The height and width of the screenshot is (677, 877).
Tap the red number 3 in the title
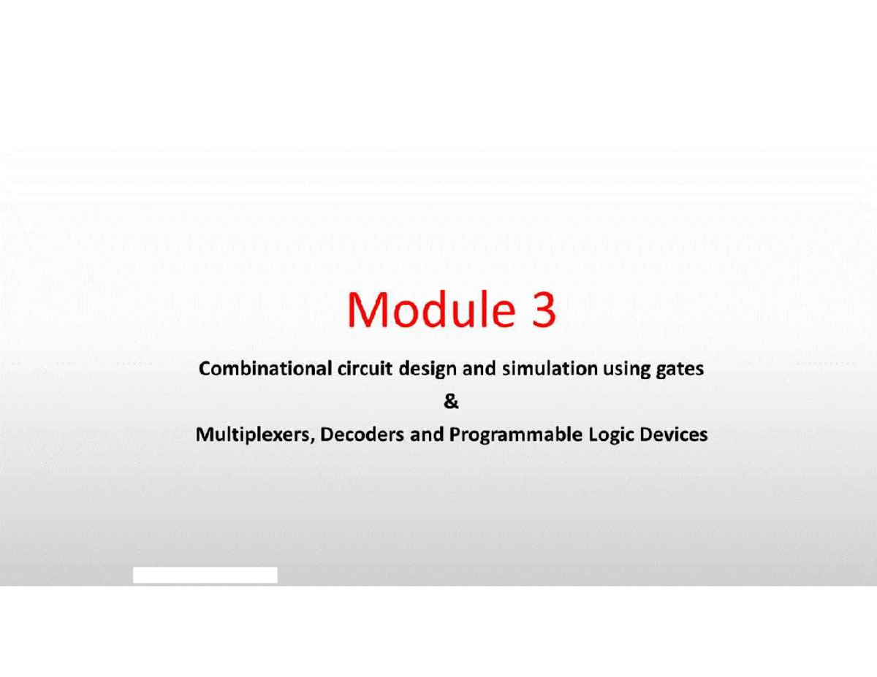coord(542,310)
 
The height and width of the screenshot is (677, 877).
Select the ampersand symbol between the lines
coord(452,402)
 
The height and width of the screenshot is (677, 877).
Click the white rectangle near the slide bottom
coord(205,575)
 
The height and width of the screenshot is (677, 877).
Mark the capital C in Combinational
coord(205,369)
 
